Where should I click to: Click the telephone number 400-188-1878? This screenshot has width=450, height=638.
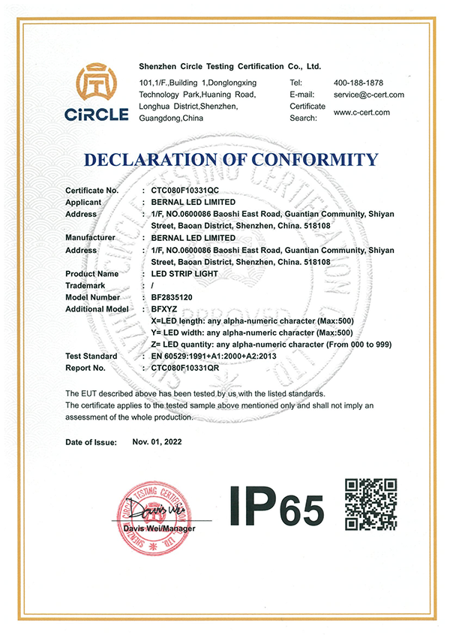[x=358, y=82]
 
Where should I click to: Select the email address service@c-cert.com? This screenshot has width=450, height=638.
[x=368, y=95]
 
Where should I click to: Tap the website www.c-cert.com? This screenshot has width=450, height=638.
[x=361, y=113]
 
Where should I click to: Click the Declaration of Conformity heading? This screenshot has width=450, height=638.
[x=231, y=159]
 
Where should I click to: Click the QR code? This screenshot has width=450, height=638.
[x=370, y=504]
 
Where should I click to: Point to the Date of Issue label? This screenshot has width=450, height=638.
[x=91, y=443]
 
